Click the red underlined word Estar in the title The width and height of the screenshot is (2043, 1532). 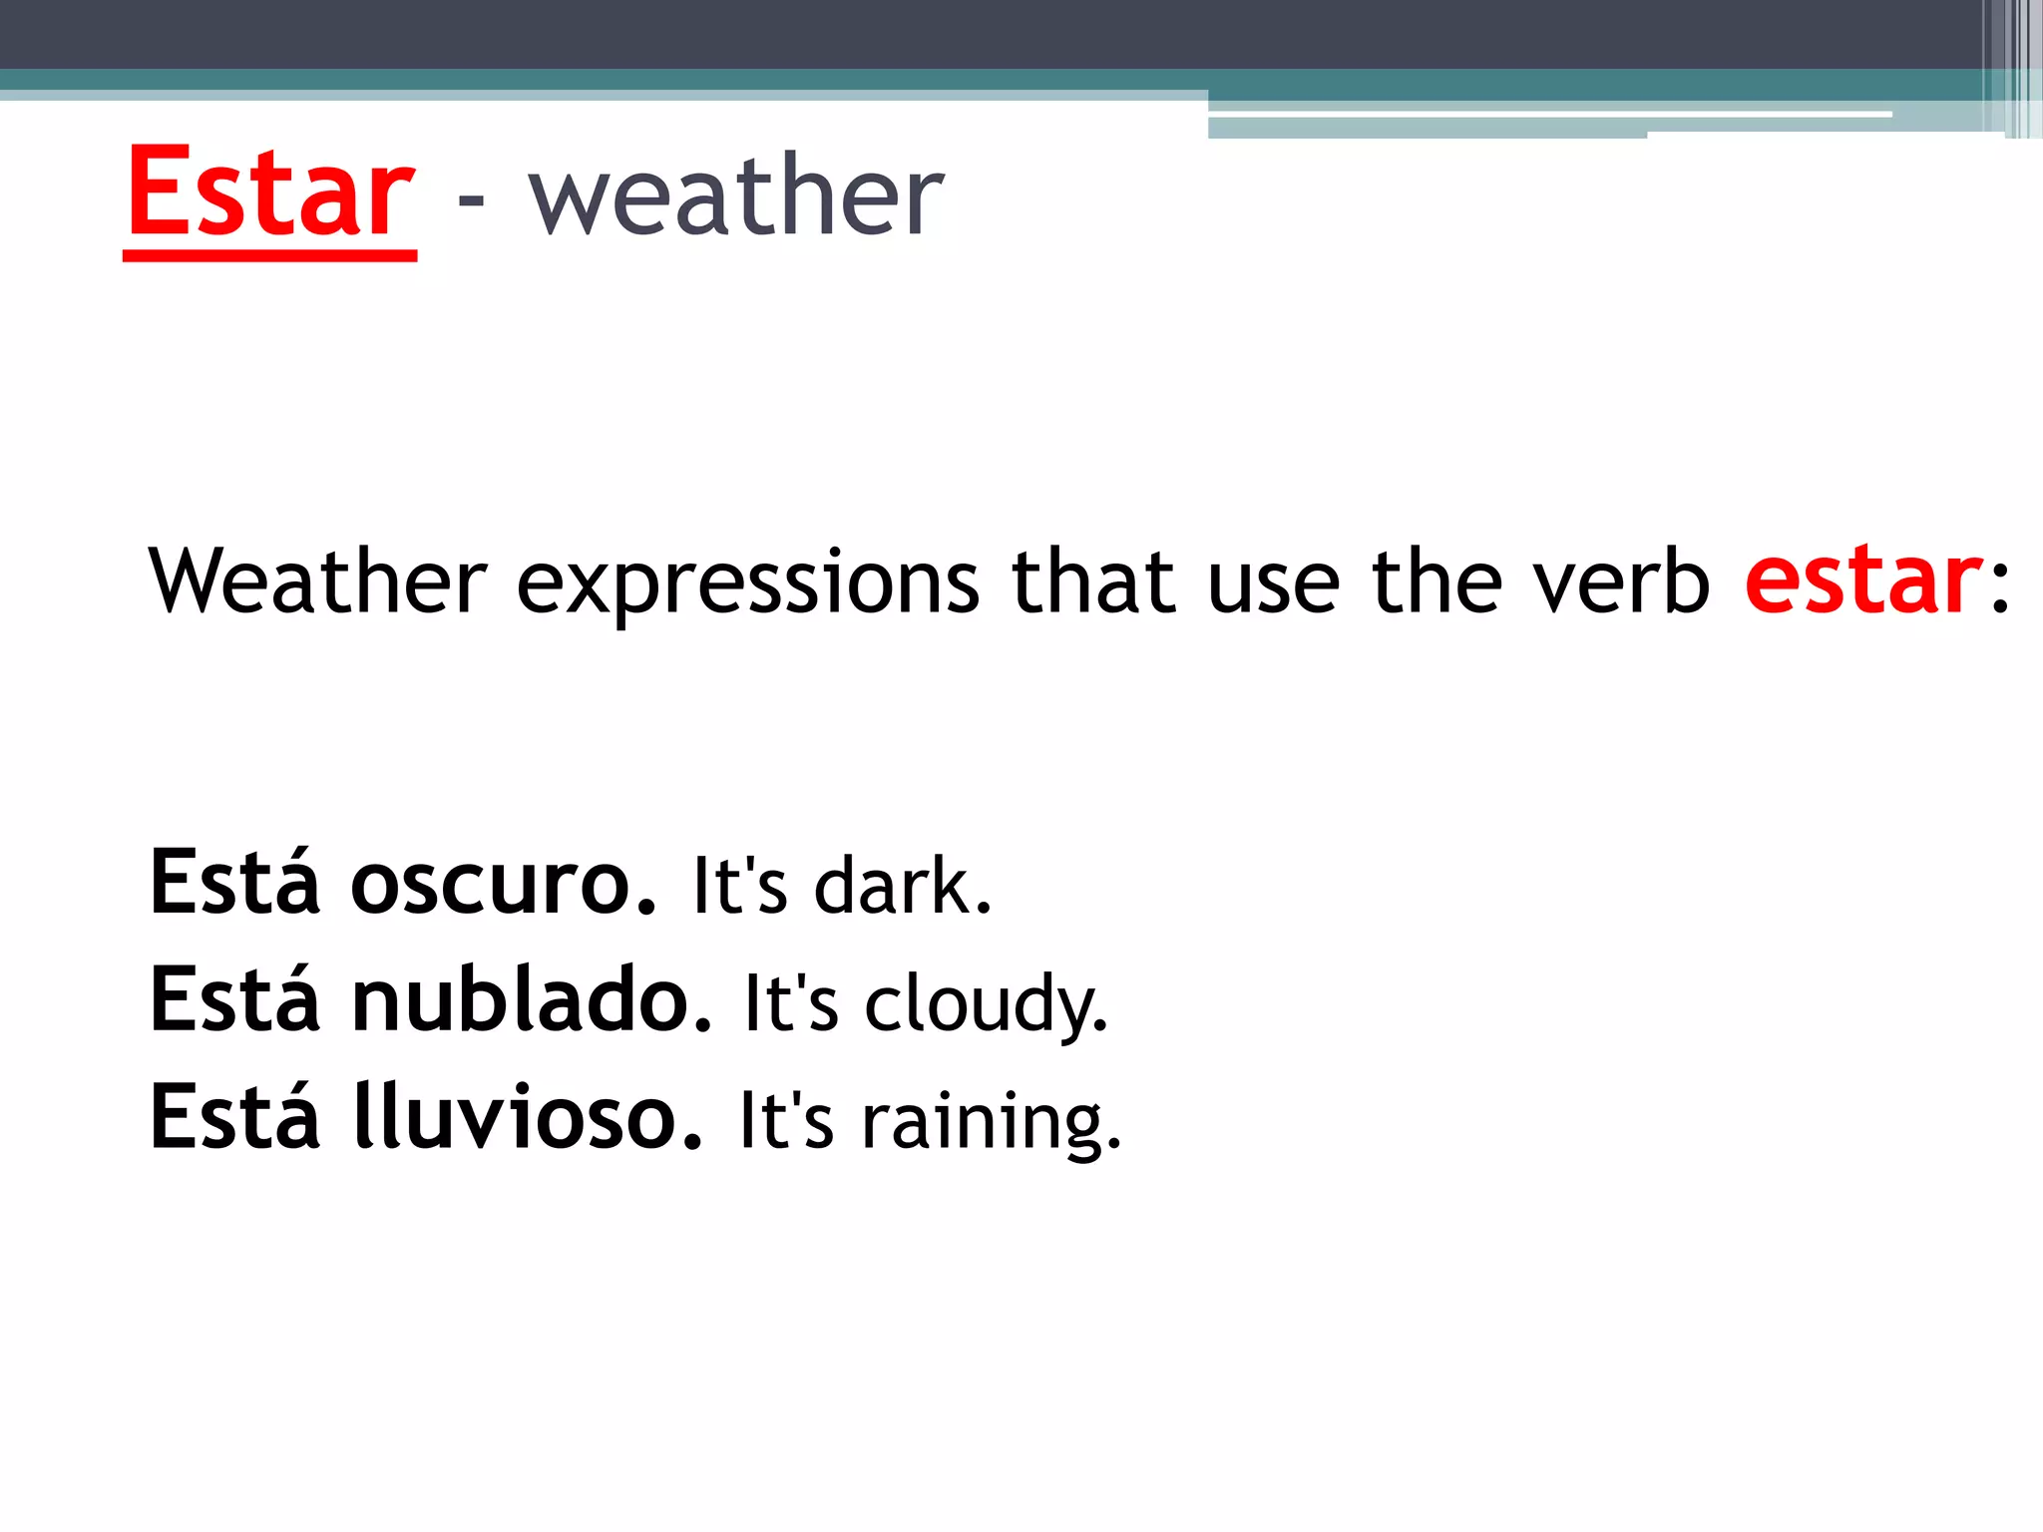[x=269, y=194]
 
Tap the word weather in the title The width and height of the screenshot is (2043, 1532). [x=736, y=196]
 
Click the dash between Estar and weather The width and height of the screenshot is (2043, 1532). [x=471, y=200]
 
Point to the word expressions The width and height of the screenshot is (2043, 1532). [x=748, y=583]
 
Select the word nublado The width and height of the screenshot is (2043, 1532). [x=532, y=999]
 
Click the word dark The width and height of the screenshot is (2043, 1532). [x=902, y=886]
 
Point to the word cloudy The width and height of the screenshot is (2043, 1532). [x=986, y=1005]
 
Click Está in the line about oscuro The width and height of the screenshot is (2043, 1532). [x=235, y=882]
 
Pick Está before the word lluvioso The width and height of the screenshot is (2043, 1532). [x=235, y=1116]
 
